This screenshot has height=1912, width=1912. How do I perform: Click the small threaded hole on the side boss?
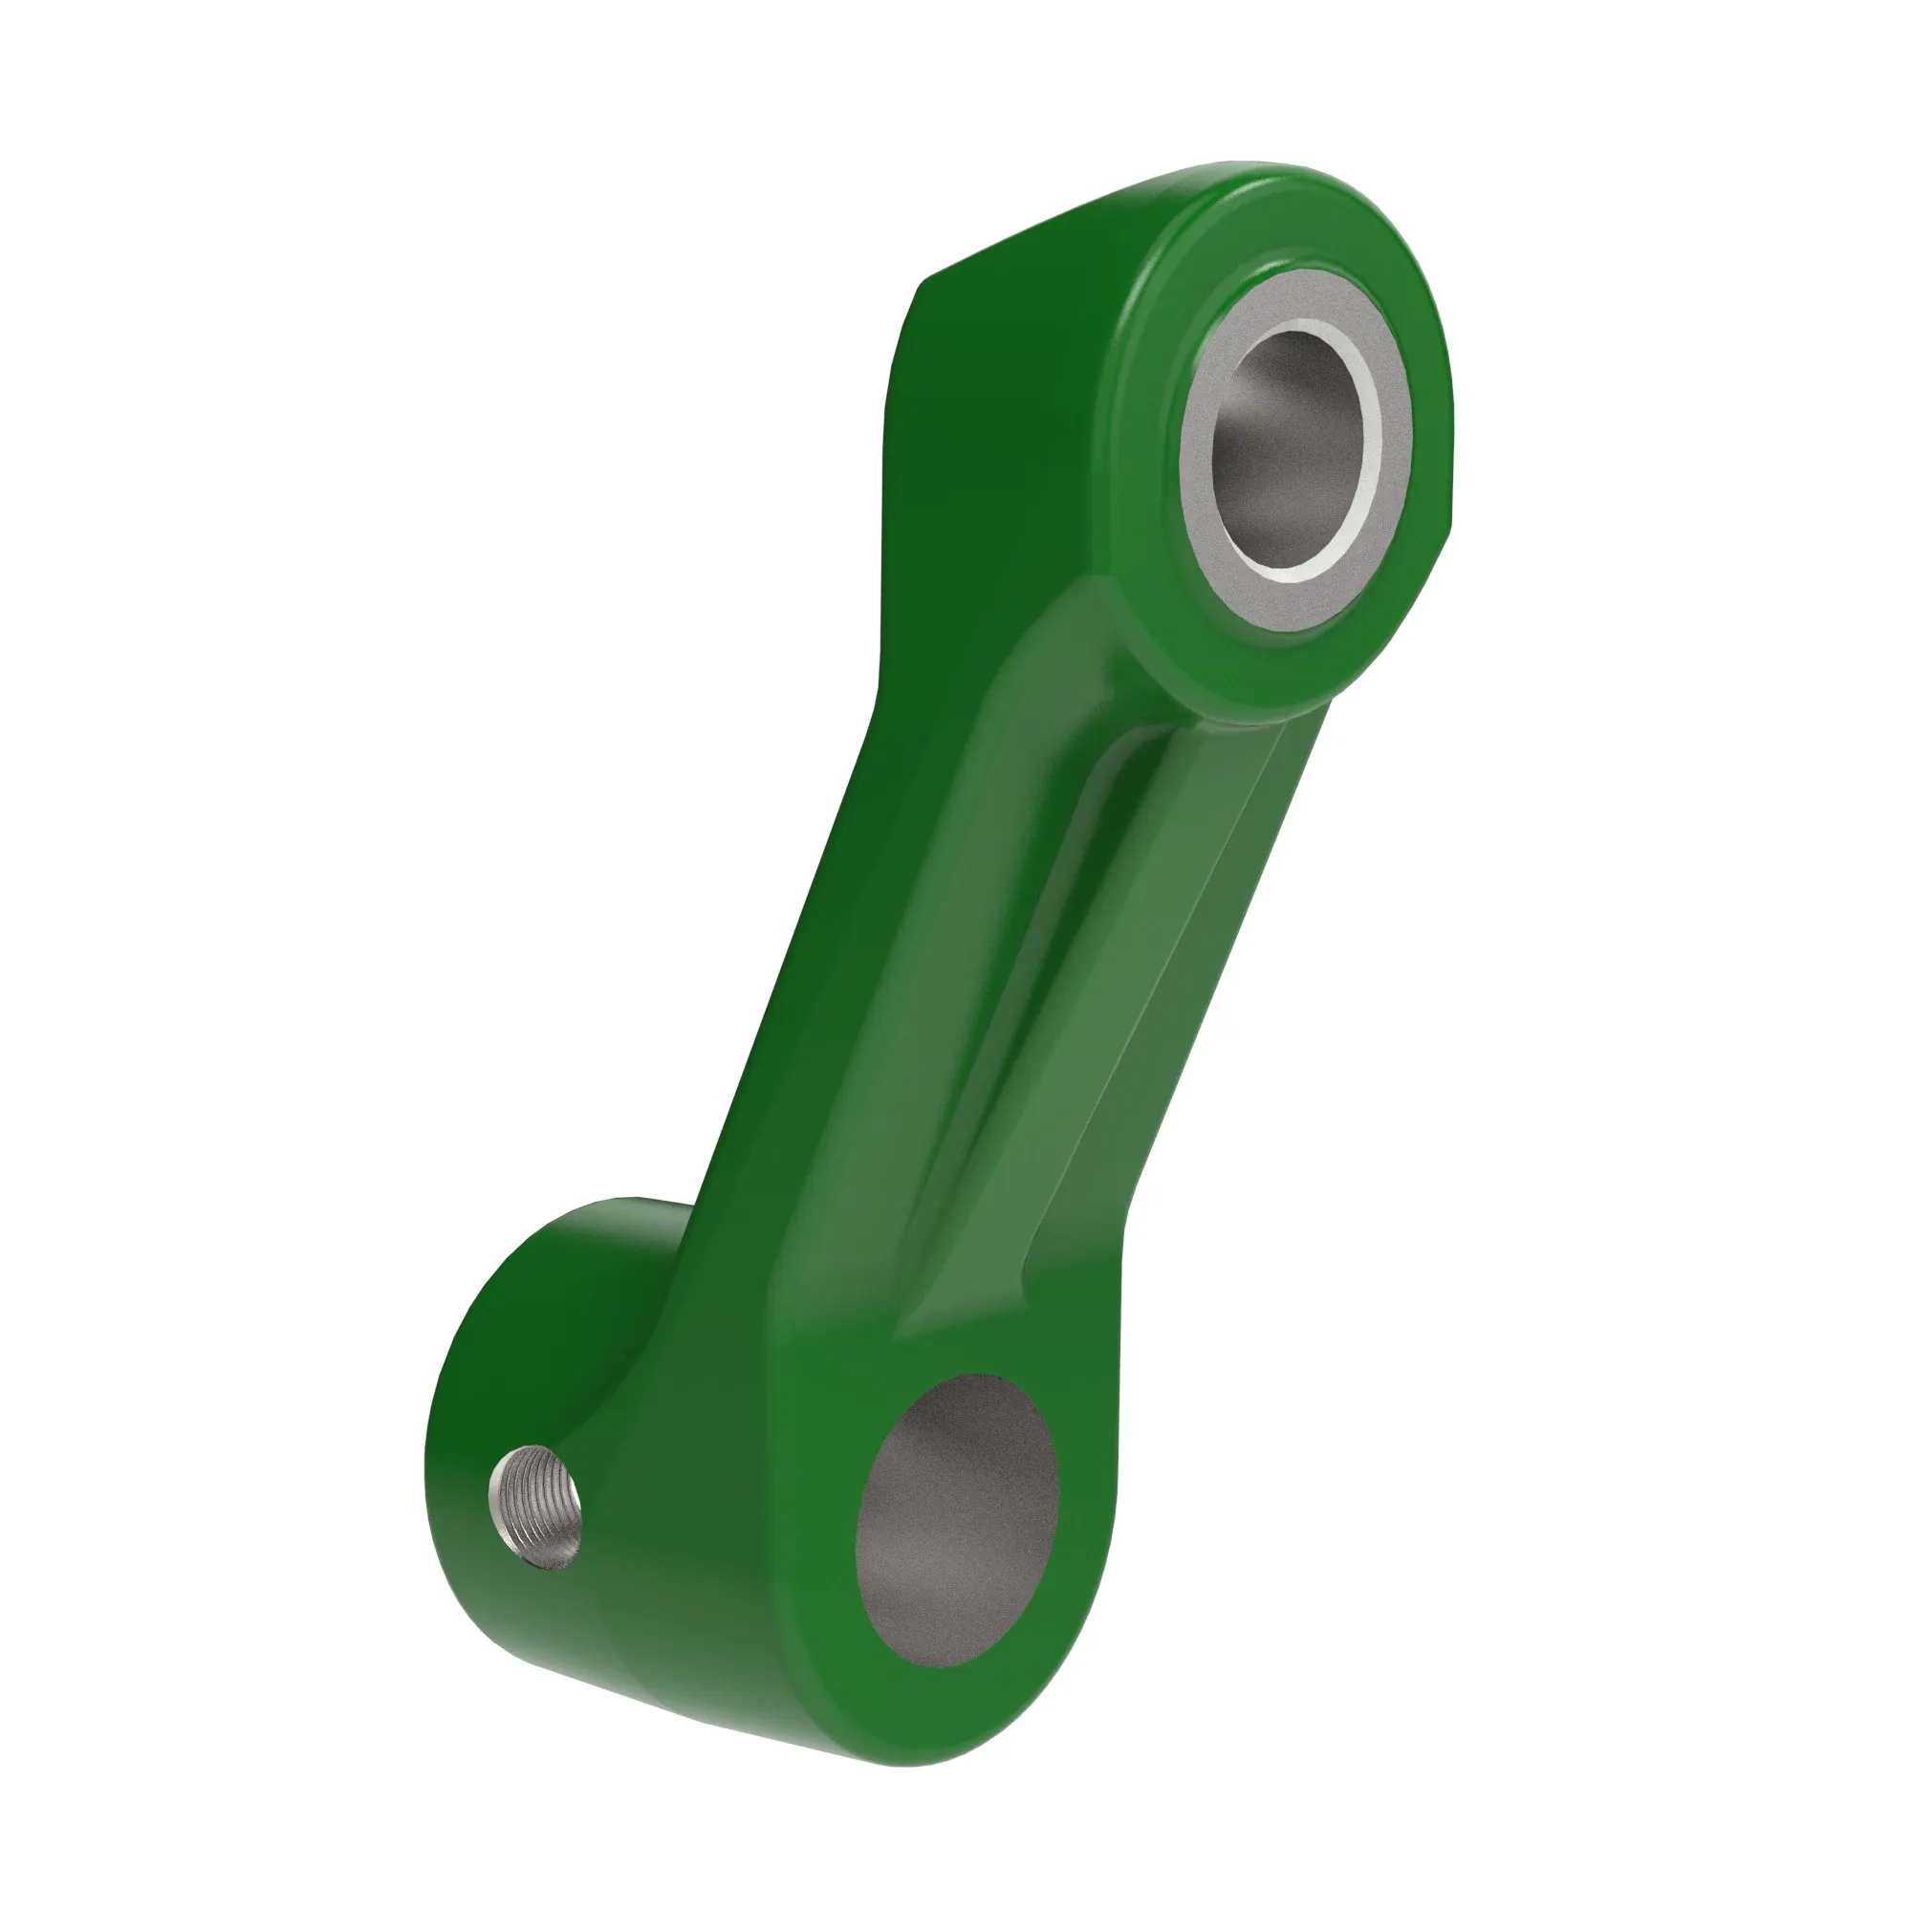coord(535,1507)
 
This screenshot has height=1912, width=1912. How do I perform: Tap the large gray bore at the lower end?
coord(956,1521)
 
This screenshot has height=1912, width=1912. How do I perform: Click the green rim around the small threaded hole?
coord(495,1485)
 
